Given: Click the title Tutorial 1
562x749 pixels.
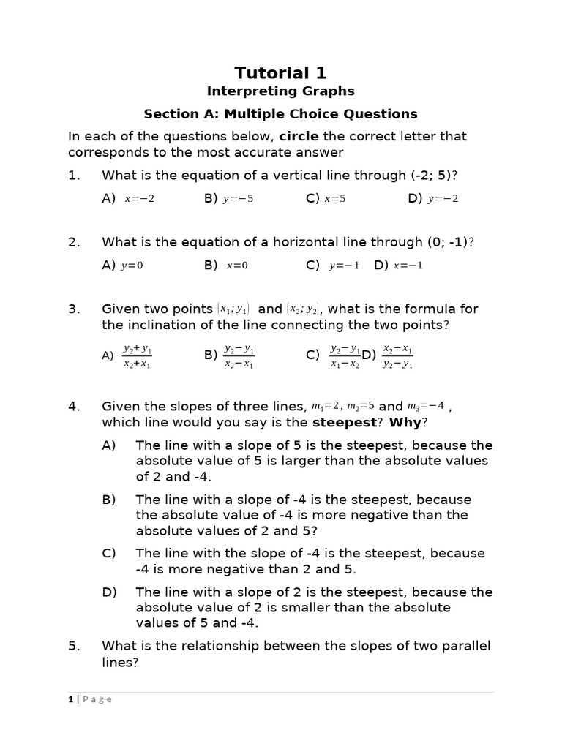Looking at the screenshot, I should coord(280,72).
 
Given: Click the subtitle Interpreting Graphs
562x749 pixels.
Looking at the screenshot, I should coord(280,91).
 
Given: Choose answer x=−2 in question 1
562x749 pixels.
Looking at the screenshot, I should coord(140,199).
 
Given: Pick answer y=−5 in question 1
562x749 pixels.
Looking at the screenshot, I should coord(239,199).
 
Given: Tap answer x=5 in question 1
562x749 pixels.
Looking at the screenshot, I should coord(337,199).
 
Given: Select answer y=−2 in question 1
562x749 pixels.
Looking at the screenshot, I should coord(443,199).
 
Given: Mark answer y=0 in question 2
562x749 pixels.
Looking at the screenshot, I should coord(132,266).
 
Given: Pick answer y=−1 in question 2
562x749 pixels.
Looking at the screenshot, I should coord(344,266).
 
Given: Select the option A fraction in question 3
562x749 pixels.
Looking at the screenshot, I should coord(137,355).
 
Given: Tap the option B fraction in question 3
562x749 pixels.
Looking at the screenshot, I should coord(239,355).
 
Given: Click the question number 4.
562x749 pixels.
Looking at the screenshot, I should coord(73,407).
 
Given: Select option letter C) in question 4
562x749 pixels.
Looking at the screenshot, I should coord(109,554).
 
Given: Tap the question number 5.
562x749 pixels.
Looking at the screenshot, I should coord(73,646).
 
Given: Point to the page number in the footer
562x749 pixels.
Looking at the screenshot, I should coord(70,699).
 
